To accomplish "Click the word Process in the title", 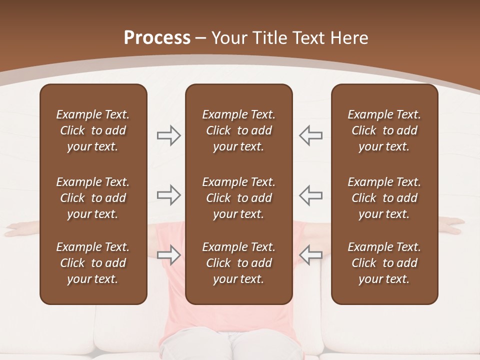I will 157,38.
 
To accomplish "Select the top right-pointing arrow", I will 168,135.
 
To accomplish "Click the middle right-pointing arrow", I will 168,195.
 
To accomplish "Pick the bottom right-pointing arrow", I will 168,255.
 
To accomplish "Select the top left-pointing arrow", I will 311,135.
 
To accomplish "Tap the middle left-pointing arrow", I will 311,195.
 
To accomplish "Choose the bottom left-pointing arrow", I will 311,255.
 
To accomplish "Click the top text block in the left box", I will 93,130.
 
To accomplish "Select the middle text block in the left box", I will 93,198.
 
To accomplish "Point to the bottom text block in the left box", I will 93,263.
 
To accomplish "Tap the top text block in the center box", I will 239,130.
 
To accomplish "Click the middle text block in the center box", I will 239,198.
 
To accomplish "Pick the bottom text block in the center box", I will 239,263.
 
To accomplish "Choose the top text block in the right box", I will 384,130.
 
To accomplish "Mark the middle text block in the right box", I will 384,198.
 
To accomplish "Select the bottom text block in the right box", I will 384,263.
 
